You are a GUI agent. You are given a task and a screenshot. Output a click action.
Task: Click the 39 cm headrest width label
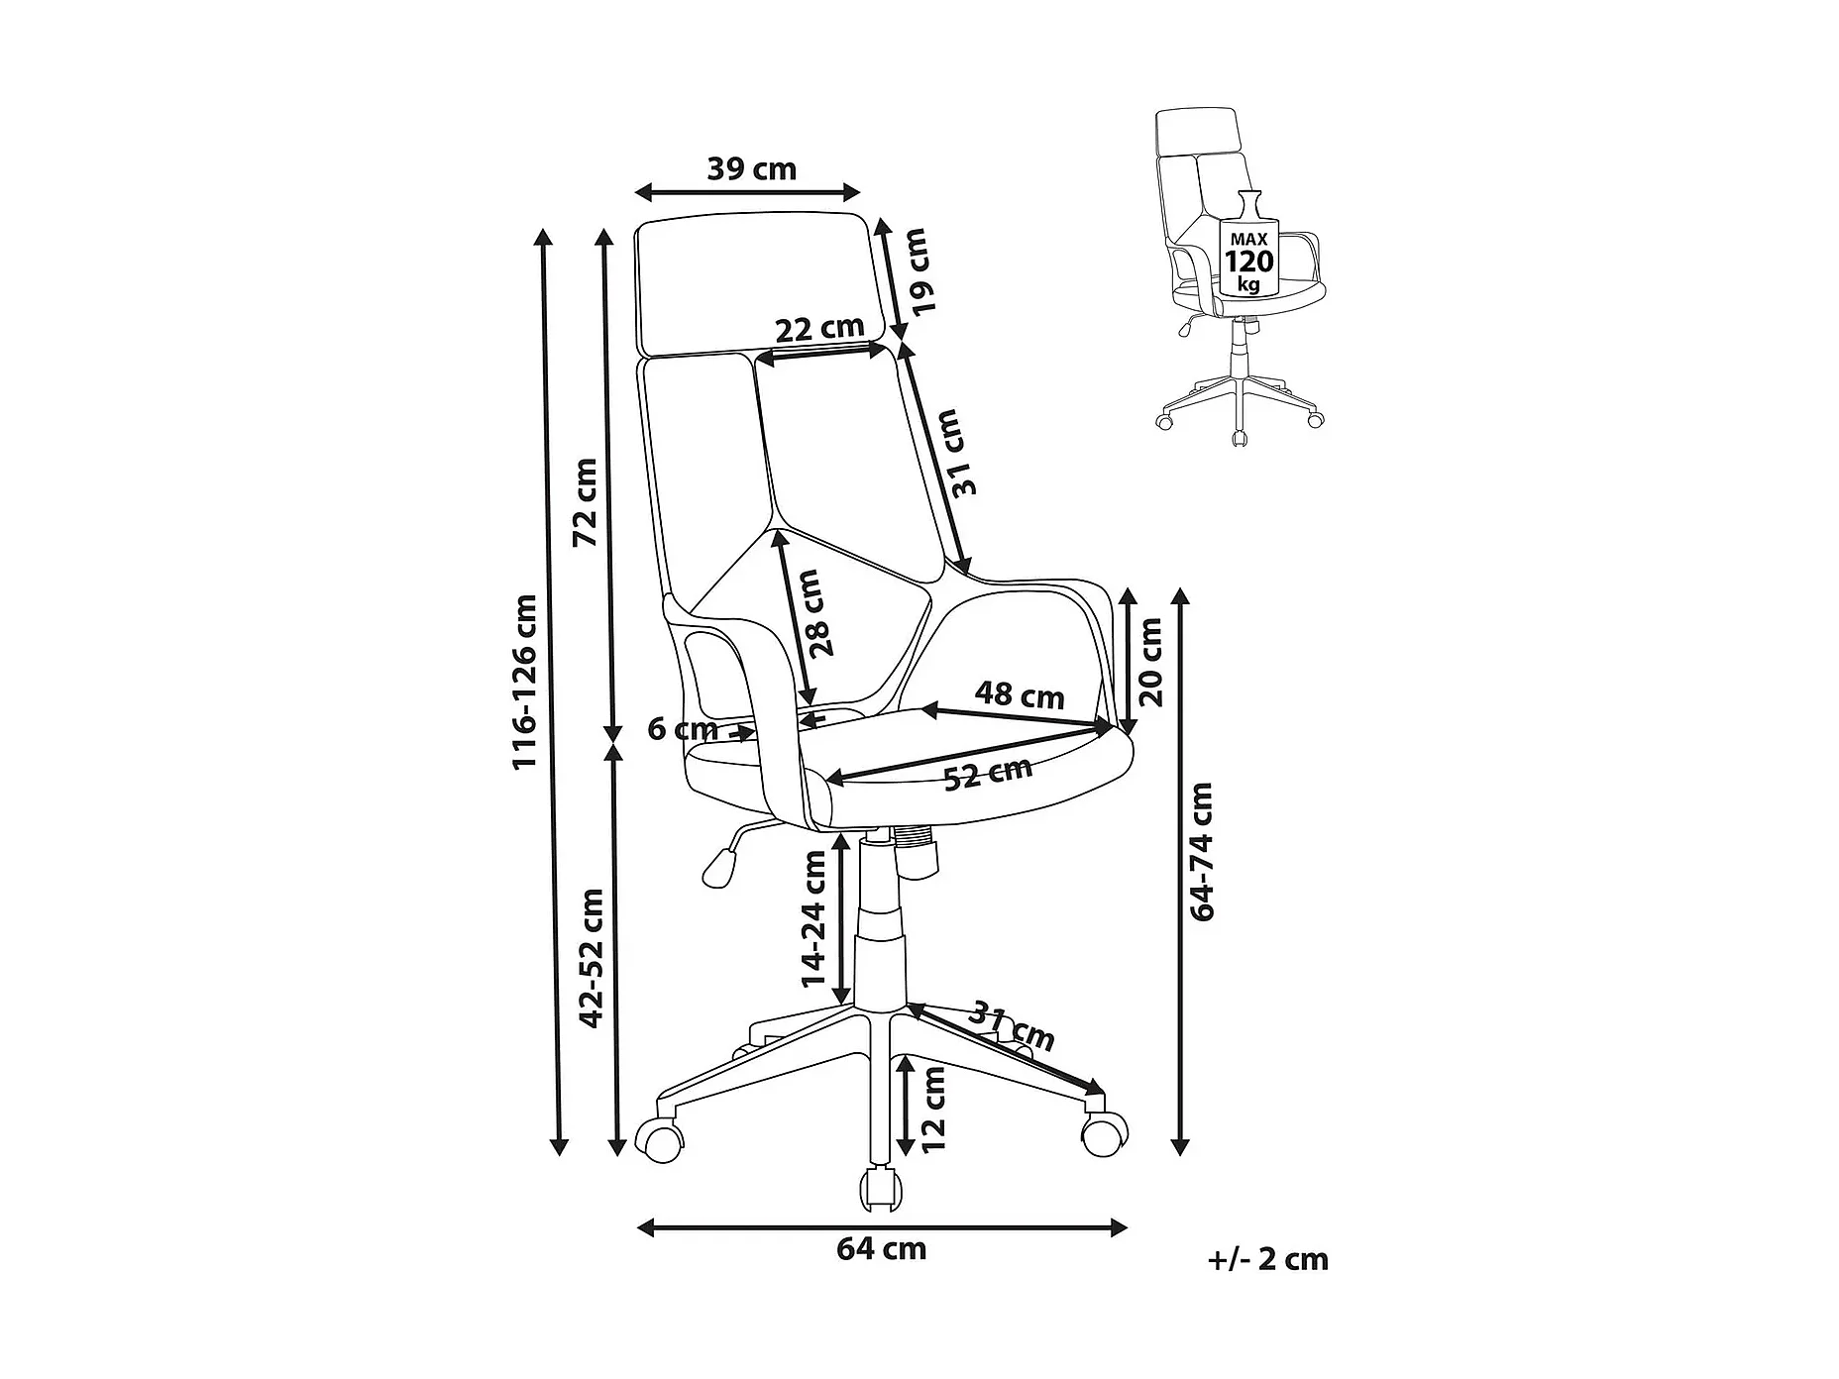pos(751,169)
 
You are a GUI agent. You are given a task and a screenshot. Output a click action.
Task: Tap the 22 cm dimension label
pos(819,328)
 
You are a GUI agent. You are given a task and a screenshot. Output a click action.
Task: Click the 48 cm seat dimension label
pos(1019,694)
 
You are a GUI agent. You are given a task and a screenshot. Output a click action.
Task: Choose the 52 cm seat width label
pos(987,773)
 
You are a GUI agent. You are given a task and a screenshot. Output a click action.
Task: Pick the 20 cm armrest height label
pos(1150,661)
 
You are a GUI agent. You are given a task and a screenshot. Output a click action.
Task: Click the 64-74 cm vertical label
pos(1202,852)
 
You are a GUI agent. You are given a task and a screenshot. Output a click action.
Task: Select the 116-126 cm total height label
pos(524,681)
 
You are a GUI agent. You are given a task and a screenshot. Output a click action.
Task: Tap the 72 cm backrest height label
pos(586,502)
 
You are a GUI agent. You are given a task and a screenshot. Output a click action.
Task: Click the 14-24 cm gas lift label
pos(813,918)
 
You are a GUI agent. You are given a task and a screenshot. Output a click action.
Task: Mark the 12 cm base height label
pos(933,1109)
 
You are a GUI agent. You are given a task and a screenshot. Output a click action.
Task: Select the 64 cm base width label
pos(881,1249)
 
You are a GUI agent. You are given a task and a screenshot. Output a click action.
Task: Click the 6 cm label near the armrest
pos(683,729)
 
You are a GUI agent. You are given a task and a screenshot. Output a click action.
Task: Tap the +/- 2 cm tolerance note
pos(1268,1259)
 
